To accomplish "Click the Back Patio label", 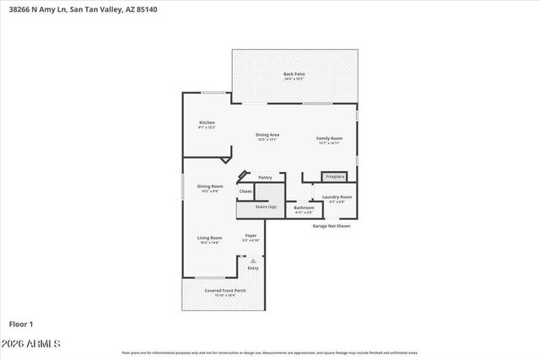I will (x=294, y=74).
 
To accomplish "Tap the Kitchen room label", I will (x=207, y=123).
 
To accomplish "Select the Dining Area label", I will (x=267, y=135).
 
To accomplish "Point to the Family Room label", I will (x=329, y=138).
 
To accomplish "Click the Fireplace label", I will (x=335, y=176).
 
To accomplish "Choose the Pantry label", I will (x=265, y=177).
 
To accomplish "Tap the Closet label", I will (x=246, y=191).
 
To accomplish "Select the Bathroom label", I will (x=304, y=207).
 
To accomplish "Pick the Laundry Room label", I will (x=337, y=197).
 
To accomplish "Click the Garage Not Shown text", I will (x=331, y=226).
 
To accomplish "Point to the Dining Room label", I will (x=210, y=186).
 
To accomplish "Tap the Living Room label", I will (x=209, y=239).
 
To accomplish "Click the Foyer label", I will (x=251, y=235).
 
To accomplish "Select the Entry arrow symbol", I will (x=252, y=261).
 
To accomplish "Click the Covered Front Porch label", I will (x=224, y=291).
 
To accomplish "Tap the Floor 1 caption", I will (x=20, y=323).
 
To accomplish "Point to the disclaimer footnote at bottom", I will (x=270, y=352).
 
